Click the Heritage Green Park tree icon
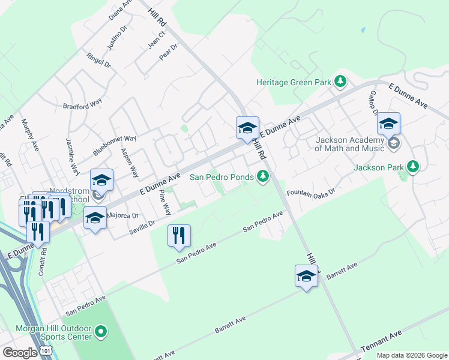coord(340,81)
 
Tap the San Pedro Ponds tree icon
coord(262,176)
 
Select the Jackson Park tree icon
coord(412,166)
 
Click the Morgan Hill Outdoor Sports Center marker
coord(101,331)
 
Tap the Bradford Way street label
coord(82,105)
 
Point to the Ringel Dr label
coord(99,59)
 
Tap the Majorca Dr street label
coord(122,215)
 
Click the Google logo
coord(20,352)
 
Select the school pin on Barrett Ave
coord(306,277)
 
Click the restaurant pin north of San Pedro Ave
coord(179,235)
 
